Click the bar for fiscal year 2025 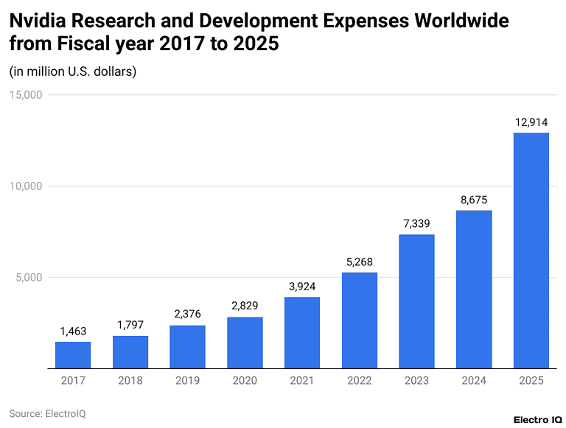coord(531,250)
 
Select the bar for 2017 coord(73,355)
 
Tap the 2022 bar coord(360,320)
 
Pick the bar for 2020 coord(245,343)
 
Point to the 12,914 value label coord(531,122)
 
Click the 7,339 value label coord(416,224)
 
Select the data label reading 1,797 coord(130,326)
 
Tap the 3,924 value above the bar coord(302,287)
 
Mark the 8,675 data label coord(474,200)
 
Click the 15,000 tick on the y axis coord(27,95)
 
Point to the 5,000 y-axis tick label coord(30,278)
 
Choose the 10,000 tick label coord(27,186)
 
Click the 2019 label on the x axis coord(187,380)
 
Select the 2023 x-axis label coord(416,380)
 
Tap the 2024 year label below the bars coord(474,380)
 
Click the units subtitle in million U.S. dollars coord(73,71)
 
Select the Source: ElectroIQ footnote coord(47,413)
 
